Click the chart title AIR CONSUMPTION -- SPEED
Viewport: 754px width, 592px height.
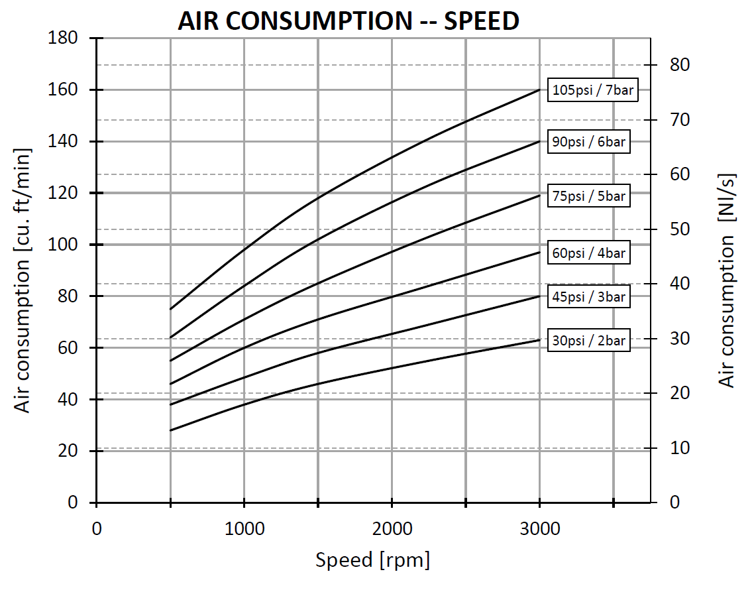(348, 21)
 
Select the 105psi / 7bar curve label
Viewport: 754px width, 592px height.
(593, 91)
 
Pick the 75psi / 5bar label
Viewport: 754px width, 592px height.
(588, 196)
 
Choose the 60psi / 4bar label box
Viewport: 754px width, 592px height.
(588, 253)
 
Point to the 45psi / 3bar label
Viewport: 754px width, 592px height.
(588, 297)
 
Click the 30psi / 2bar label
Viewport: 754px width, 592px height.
(588, 341)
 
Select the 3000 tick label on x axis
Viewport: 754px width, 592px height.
(539, 529)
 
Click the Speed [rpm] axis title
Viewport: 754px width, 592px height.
(372, 561)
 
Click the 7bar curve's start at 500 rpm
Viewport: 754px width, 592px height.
(171, 309)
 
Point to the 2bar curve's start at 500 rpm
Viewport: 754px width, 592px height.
(171, 430)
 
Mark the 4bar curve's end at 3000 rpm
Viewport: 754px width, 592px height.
(539, 252)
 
